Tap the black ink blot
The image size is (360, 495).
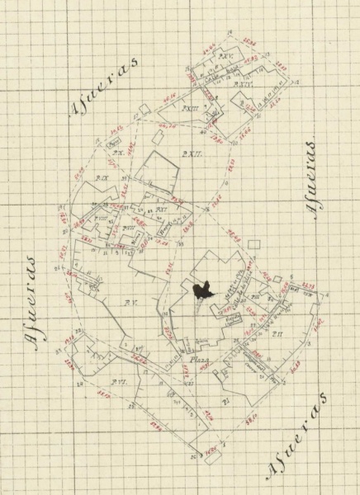tap(201, 290)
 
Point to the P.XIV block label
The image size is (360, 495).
tap(241, 85)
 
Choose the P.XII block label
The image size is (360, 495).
tap(191, 153)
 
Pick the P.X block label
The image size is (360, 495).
tap(118, 154)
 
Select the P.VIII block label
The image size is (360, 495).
tap(128, 228)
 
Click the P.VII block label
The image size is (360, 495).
tap(102, 219)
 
